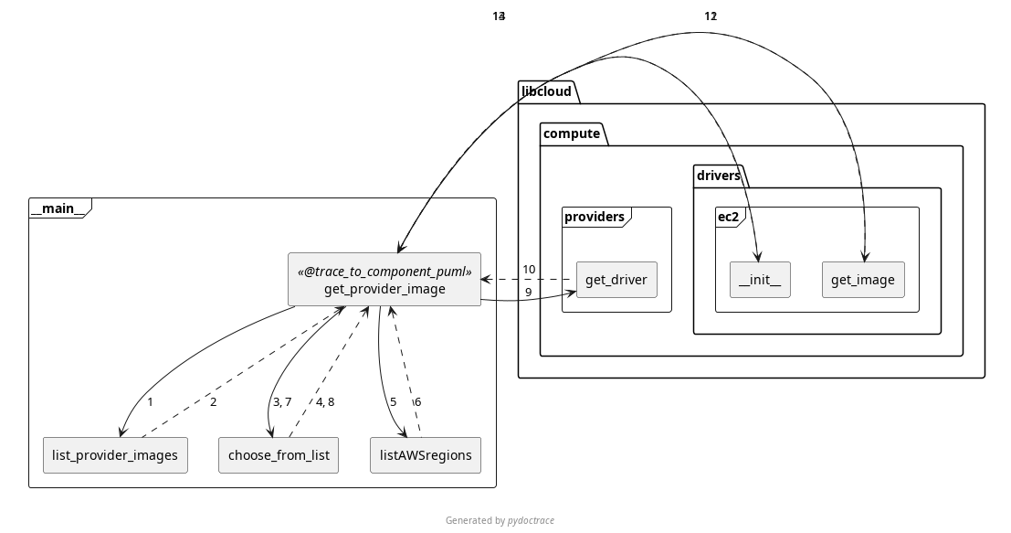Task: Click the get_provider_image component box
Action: coord(384,289)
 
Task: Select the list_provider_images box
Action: coord(115,455)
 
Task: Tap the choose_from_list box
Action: coord(279,455)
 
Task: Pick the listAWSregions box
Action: coord(425,455)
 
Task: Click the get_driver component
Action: coord(616,280)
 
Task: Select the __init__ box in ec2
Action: coord(760,280)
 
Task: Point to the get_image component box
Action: coord(863,280)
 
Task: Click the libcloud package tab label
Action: coord(546,91)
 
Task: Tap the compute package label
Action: coord(572,133)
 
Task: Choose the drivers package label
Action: coord(719,176)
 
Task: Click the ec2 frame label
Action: coord(728,217)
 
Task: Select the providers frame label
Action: coord(595,217)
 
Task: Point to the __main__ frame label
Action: coord(58,208)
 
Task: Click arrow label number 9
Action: coord(528,293)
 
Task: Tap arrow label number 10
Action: coord(530,270)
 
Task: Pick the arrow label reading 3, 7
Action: coord(281,402)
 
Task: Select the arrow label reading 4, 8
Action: coord(324,402)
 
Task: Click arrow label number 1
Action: coord(150,402)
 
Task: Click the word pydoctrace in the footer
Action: coord(531,520)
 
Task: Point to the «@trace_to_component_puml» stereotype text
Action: coord(384,272)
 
